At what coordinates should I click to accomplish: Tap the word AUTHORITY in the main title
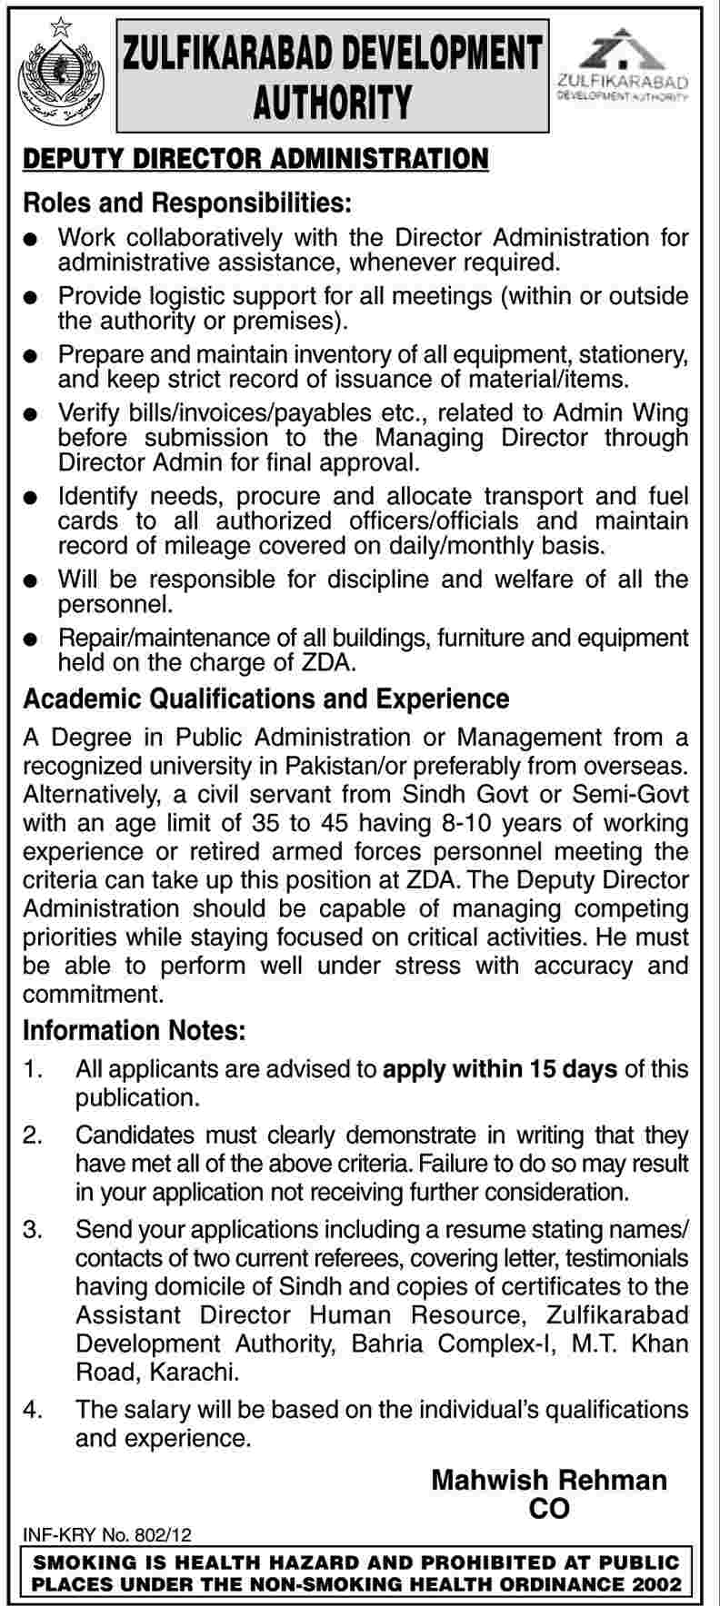point(333,101)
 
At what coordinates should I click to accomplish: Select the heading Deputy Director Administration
point(255,159)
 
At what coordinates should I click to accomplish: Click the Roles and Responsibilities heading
point(186,199)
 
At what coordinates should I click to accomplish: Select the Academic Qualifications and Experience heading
point(265,699)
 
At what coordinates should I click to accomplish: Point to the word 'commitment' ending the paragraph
point(93,994)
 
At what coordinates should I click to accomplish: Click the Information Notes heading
point(134,1030)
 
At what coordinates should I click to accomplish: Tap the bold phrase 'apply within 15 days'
point(500,1069)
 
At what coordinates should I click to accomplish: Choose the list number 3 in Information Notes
point(33,1231)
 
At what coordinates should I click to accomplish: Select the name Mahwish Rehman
point(549,1481)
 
